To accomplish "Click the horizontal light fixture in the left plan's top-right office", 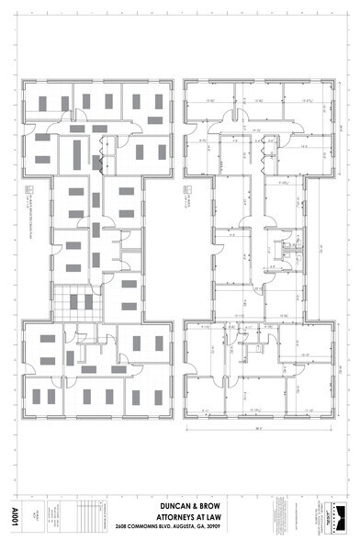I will click(x=150, y=120).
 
